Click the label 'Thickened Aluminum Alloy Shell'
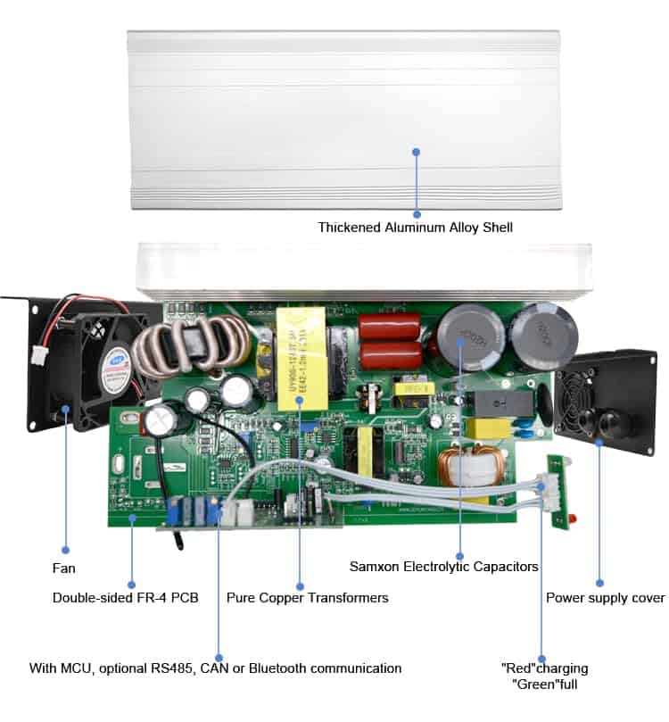pyautogui.click(x=415, y=228)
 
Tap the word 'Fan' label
pyautogui.click(x=63, y=568)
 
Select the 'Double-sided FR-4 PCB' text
pyautogui.click(x=125, y=598)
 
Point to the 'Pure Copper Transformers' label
pyautogui.click(x=307, y=598)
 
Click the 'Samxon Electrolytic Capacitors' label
pyautogui.click(x=443, y=567)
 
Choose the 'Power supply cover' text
pyautogui.click(x=605, y=598)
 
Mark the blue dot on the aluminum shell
pyautogui.click(x=416, y=152)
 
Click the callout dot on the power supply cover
pyautogui.click(x=599, y=441)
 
